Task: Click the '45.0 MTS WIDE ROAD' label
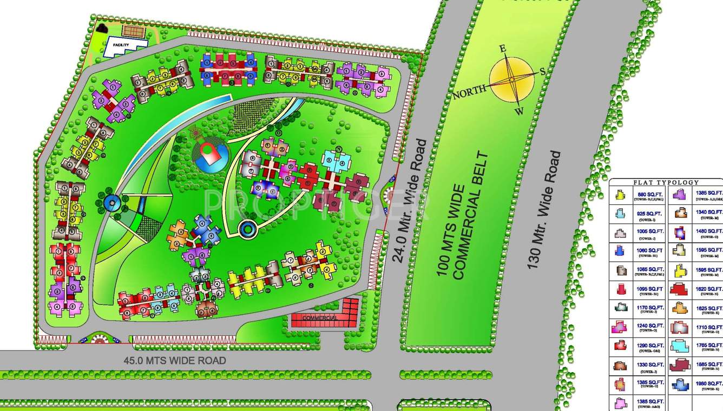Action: [174, 361]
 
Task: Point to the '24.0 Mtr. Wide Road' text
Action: [409, 201]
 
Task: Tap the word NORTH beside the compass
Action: [469, 92]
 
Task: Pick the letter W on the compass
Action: [518, 112]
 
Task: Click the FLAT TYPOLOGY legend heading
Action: [666, 183]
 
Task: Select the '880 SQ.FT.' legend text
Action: [649, 193]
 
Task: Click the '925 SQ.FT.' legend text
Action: [649, 213]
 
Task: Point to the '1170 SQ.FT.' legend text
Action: [649, 307]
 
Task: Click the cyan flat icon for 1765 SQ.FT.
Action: [680, 346]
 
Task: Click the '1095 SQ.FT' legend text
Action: [649, 289]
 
